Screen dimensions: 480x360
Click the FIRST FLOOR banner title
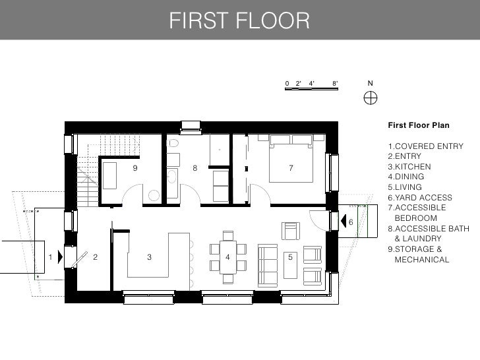pyautogui.click(x=239, y=20)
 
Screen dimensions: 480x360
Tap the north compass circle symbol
pyautogui.click(x=371, y=98)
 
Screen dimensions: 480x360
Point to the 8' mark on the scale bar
pyautogui.click(x=335, y=83)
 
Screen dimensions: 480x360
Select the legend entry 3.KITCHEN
pyautogui.click(x=409, y=167)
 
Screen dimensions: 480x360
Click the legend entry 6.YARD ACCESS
pyautogui.click(x=420, y=197)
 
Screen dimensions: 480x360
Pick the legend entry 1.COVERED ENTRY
pyautogui.click(x=425, y=146)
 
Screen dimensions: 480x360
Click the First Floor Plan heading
pyautogui.click(x=419, y=125)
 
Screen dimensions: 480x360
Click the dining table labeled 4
pyautogui.click(x=227, y=257)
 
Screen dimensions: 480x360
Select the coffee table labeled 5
pyautogui.click(x=290, y=265)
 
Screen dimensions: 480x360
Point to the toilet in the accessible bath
pyautogui.click(x=173, y=142)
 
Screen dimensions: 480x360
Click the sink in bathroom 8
pyautogui.click(x=172, y=177)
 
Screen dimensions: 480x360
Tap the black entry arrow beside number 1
pyautogui.click(x=60, y=256)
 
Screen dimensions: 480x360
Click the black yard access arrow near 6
pyautogui.click(x=344, y=221)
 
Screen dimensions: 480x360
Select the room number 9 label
pyautogui.click(x=135, y=167)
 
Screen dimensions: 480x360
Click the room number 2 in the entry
pyautogui.click(x=95, y=257)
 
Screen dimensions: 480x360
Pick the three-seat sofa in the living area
pyautogui.click(x=268, y=266)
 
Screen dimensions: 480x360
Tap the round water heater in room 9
pyautogui.click(x=154, y=196)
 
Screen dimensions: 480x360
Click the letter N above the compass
pyautogui.click(x=371, y=83)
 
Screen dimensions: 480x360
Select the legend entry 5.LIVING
pyautogui.click(x=405, y=187)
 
